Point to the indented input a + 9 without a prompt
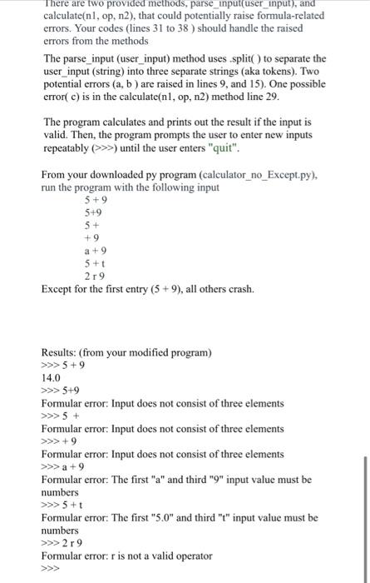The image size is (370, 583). point(96,250)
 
